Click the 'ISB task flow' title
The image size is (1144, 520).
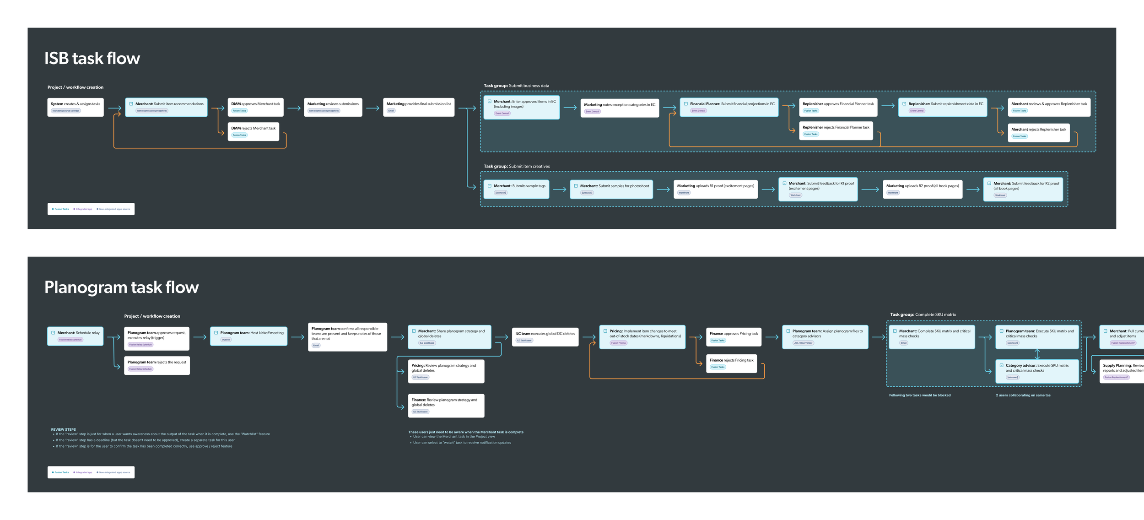[x=92, y=59]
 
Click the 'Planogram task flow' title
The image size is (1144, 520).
[x=121, y=287]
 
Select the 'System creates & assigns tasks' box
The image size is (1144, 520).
[x=76, y=107]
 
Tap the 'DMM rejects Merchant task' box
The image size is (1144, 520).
[x=254, y=131]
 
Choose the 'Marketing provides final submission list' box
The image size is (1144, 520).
[x=419, y=107]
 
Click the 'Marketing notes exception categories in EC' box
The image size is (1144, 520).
[x=620, y=108]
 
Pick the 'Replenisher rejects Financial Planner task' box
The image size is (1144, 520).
[x=836, y=130]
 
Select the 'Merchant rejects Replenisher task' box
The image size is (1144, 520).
[x=1039, y=132]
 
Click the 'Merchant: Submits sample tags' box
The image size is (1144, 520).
[x=517, y=189]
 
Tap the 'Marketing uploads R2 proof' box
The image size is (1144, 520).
[x=923, y=189]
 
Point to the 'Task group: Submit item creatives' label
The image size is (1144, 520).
[x=517, y=167]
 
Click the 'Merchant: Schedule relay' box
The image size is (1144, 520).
[x=76, y=336]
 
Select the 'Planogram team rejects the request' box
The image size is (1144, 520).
[x=157, y=365]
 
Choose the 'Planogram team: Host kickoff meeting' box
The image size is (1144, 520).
[x=249, y=336]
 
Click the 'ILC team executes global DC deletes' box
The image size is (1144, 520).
[x=545, y=337]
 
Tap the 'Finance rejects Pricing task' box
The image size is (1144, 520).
[x=731, y=363]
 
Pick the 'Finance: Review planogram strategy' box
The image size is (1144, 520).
[x=446, y=406]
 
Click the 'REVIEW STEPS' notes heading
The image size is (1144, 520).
[x=64, y=429]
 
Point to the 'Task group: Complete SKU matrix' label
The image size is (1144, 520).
[x=923, y=315]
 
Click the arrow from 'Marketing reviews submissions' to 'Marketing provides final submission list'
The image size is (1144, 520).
[x=373, y=108]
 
